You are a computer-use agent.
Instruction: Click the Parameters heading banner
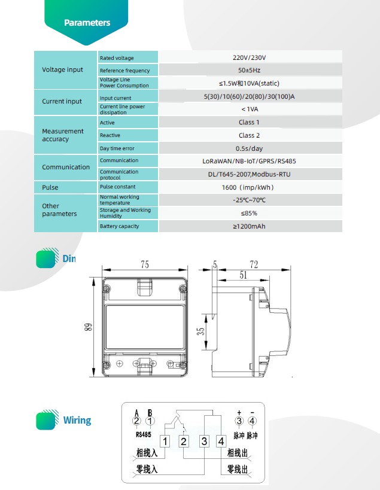[87, 23]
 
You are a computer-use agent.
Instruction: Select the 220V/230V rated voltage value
[249, 57]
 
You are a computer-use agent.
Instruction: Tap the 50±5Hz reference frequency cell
[249, 71]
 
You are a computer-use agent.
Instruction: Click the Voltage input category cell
[63, 70]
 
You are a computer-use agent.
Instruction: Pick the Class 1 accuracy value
[249, 122]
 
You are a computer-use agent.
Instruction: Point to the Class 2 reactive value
[249, 135]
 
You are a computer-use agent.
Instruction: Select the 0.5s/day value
[249, 148]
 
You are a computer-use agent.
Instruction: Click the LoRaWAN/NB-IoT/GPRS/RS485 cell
[249, 161]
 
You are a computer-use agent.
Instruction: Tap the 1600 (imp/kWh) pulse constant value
[249, 187]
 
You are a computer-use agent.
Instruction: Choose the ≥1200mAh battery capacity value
[249, 226]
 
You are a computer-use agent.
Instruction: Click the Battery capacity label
[119, 226]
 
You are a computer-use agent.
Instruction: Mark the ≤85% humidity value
[249, 213]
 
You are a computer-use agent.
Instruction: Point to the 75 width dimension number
[145, 264]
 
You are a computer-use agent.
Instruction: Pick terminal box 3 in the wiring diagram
[204, 442]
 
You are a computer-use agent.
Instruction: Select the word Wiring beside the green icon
[77, 420]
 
